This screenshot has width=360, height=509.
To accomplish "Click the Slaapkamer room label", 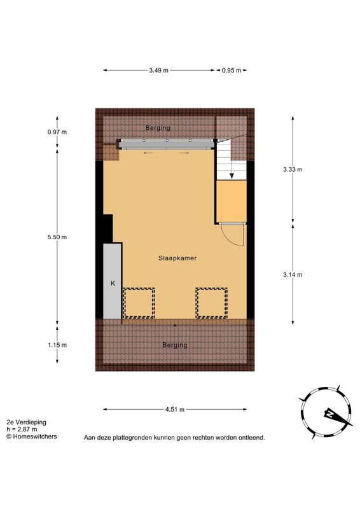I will pos(177,258).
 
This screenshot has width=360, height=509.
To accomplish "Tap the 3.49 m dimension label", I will pos(159,71).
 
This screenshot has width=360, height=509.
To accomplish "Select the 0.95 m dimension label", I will pos(232,71).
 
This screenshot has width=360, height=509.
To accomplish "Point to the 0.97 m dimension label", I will pos(57,132).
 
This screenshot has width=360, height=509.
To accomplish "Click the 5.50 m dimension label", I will pos(57,237).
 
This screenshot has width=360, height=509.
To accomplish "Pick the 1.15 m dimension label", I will pos(57,345).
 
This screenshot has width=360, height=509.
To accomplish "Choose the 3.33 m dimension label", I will pos(293,169).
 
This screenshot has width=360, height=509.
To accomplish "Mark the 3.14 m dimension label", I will pos(293,275).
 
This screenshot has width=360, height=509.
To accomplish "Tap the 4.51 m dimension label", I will pos(175,410).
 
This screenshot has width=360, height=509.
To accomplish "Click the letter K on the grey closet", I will pos(113,283).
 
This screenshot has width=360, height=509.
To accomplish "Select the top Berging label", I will pos(158,128).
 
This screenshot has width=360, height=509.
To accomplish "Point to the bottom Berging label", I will pos(175,345).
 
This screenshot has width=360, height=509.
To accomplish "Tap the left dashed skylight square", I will pos(139,302).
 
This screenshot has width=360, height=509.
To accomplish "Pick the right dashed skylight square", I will pos(211,302).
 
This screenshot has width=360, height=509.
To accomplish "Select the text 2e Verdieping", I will pos(26,422).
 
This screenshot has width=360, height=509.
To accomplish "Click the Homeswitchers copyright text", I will pos(32,436).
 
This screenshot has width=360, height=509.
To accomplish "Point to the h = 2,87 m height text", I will pos(22,429).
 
